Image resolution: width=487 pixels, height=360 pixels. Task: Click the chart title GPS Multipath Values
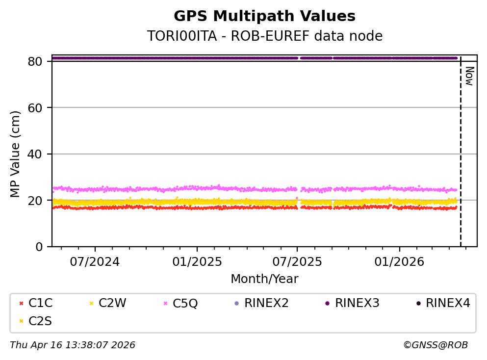tap(264, 16)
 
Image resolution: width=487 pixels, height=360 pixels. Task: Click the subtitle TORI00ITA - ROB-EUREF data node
tap(264, 36)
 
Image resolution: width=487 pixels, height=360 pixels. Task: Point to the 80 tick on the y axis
tap(40, 61)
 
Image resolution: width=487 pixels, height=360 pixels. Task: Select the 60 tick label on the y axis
tap(40, 107)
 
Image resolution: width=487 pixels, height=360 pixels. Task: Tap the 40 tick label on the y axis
tap(40, 154)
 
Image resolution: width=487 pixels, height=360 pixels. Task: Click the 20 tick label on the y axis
tap(40, 200)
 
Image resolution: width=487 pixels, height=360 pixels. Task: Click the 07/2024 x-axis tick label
tap(95, 261)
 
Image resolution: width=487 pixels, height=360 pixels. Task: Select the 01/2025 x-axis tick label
tap(197, 261)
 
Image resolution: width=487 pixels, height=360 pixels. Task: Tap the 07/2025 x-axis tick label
tap(297, 261)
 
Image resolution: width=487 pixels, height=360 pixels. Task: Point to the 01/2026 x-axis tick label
tap(399, 261)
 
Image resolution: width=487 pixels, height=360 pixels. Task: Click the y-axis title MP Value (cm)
tap(16, 154)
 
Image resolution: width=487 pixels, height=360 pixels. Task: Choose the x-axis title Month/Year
tap(264, 279)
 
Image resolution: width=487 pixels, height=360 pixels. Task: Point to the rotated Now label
tap(469, 76)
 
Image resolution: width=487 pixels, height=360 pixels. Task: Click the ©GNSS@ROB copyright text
tap(435, 345)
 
